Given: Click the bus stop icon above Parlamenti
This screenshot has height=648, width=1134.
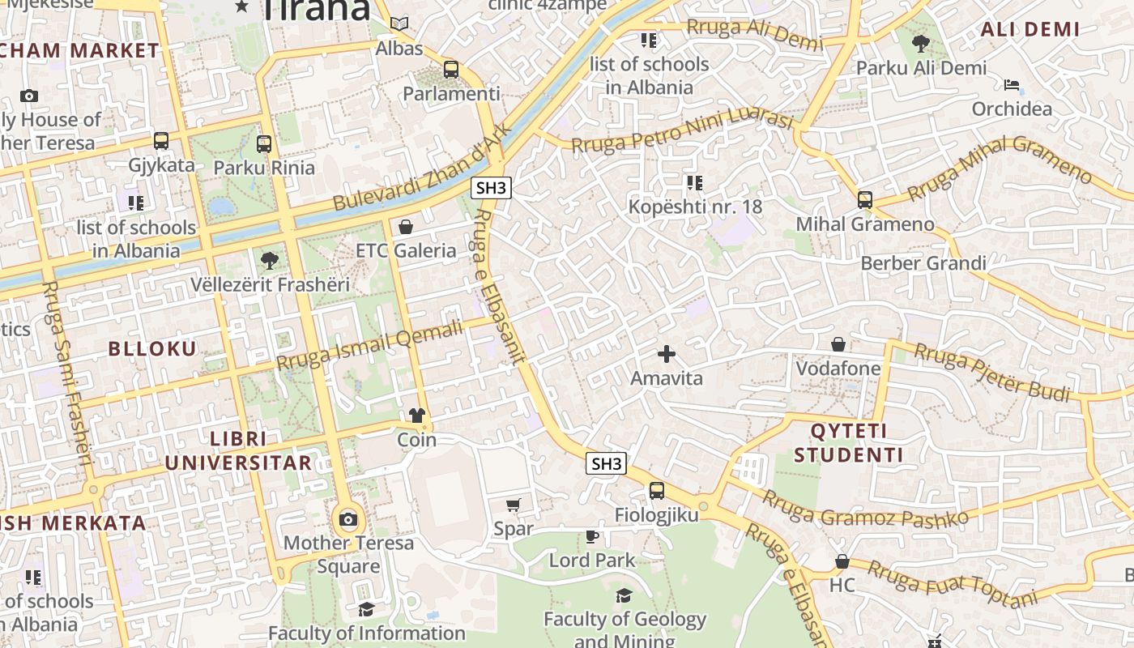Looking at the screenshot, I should (451, 70).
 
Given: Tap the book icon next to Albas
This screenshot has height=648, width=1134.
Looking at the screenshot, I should (399, 23).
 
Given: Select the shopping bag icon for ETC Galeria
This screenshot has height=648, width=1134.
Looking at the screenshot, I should (406, 227).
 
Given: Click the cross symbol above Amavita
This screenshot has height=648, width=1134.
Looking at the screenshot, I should (667, 354).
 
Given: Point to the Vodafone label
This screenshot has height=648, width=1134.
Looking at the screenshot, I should (838, 369).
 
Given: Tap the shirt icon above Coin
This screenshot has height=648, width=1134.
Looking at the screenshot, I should (416, 416).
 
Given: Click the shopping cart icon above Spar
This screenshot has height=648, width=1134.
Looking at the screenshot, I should (513, 505).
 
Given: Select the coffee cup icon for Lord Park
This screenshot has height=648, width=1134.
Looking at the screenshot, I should (592, 536).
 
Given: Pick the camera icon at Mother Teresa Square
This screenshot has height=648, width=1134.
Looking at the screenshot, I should (348, 519).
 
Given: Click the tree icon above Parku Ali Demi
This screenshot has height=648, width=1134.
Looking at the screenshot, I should (921, 44).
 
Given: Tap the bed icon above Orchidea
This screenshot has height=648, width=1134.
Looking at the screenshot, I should (1012, 85).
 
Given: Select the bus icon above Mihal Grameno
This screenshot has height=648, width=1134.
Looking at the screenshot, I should (865, 200).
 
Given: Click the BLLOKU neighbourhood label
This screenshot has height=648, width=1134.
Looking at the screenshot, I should (152, 349).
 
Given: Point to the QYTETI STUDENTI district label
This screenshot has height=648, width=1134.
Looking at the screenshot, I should (848, 443).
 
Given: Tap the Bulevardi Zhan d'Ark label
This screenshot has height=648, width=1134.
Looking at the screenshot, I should (423, 168).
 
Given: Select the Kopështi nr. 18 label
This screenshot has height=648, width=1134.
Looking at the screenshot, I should (695, 207).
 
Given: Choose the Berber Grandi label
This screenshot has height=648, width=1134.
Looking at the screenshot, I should (923, 263).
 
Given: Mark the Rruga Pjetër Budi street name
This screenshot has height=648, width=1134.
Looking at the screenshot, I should (992, 373).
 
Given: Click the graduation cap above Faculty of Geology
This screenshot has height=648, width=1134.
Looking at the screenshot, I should (624, 596).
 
